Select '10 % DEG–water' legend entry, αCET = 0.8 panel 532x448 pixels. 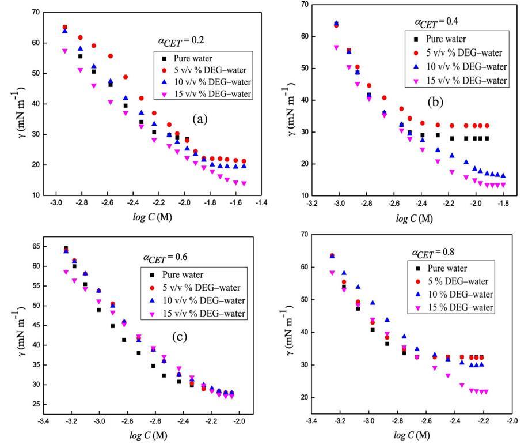pyautogui.click(x=460, y=295)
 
